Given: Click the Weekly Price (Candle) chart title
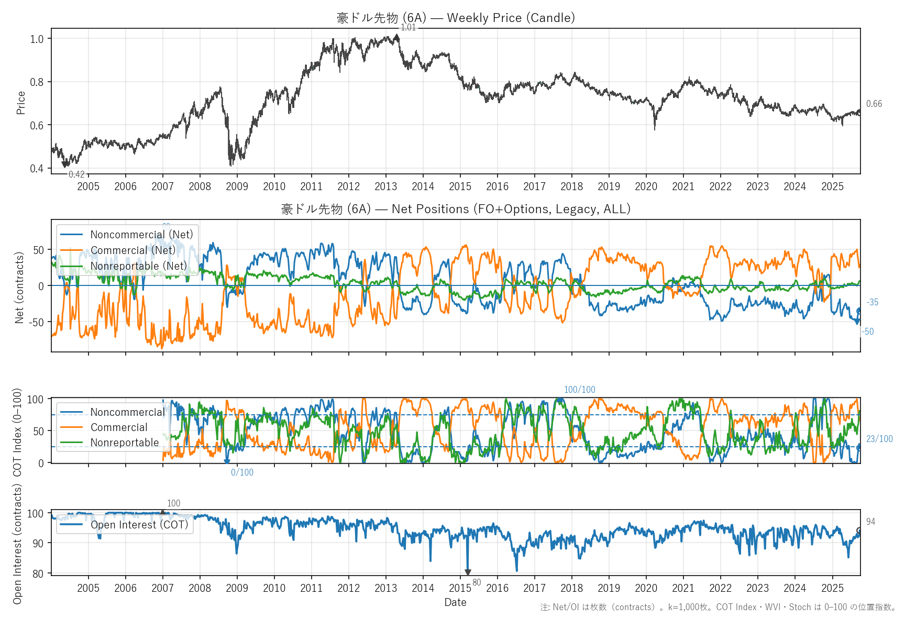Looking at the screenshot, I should coord(456,18).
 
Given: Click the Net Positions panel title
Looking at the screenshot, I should coord(456,209).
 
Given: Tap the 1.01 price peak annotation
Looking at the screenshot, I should coord(408,28).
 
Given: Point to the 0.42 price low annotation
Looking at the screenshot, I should coord(76,174).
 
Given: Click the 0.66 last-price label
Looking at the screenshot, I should coord(874,104).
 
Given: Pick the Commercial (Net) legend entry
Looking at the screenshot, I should coord(133,250).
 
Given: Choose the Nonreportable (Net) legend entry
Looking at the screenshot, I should coord(138,266).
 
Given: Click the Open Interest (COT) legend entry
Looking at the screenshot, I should coord(139,525).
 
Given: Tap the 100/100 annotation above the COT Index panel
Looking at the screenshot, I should coord(579,390).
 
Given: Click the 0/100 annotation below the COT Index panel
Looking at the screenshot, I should coord(242,472).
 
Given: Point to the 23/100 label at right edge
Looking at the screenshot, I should coord(879,439).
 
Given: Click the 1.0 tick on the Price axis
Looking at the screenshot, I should coord(37,39).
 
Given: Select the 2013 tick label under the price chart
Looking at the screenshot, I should coord(385,186).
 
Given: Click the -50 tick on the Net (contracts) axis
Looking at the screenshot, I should coord(37,322).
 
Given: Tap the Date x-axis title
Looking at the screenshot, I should coord(455,602).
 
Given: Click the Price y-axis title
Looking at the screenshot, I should coord(21,103).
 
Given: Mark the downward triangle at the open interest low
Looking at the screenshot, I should coord(468,572).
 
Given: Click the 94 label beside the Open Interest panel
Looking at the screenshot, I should coord(870,522).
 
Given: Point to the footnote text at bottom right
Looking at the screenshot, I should coord(718,607).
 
